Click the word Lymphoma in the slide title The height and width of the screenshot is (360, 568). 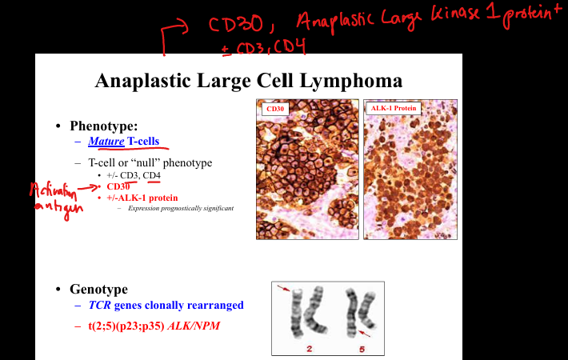[350, 81]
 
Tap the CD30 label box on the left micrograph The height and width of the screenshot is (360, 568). [275, 109]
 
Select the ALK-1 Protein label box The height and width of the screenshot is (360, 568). [394, 108]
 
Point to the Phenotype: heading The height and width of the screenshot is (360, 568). [104, 126]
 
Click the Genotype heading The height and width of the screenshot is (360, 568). [98, 289]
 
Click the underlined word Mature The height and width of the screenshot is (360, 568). [106, 141]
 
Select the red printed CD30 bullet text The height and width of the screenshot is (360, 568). [118, 186]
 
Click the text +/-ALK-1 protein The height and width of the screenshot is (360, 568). [142, 198]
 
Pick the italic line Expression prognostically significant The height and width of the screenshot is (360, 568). [181, 208]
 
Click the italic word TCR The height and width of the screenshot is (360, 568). [100, 305]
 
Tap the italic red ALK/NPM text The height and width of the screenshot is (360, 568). [194, 326]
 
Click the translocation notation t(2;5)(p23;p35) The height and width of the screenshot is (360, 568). [126, 326]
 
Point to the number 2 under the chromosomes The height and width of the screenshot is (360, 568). [309, 349]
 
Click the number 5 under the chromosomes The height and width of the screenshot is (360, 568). [362, 349]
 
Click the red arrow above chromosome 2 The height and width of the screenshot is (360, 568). [284, 288]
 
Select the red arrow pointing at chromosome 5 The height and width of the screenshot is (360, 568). [364, 334]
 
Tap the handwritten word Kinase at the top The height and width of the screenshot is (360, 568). [456, 14]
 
